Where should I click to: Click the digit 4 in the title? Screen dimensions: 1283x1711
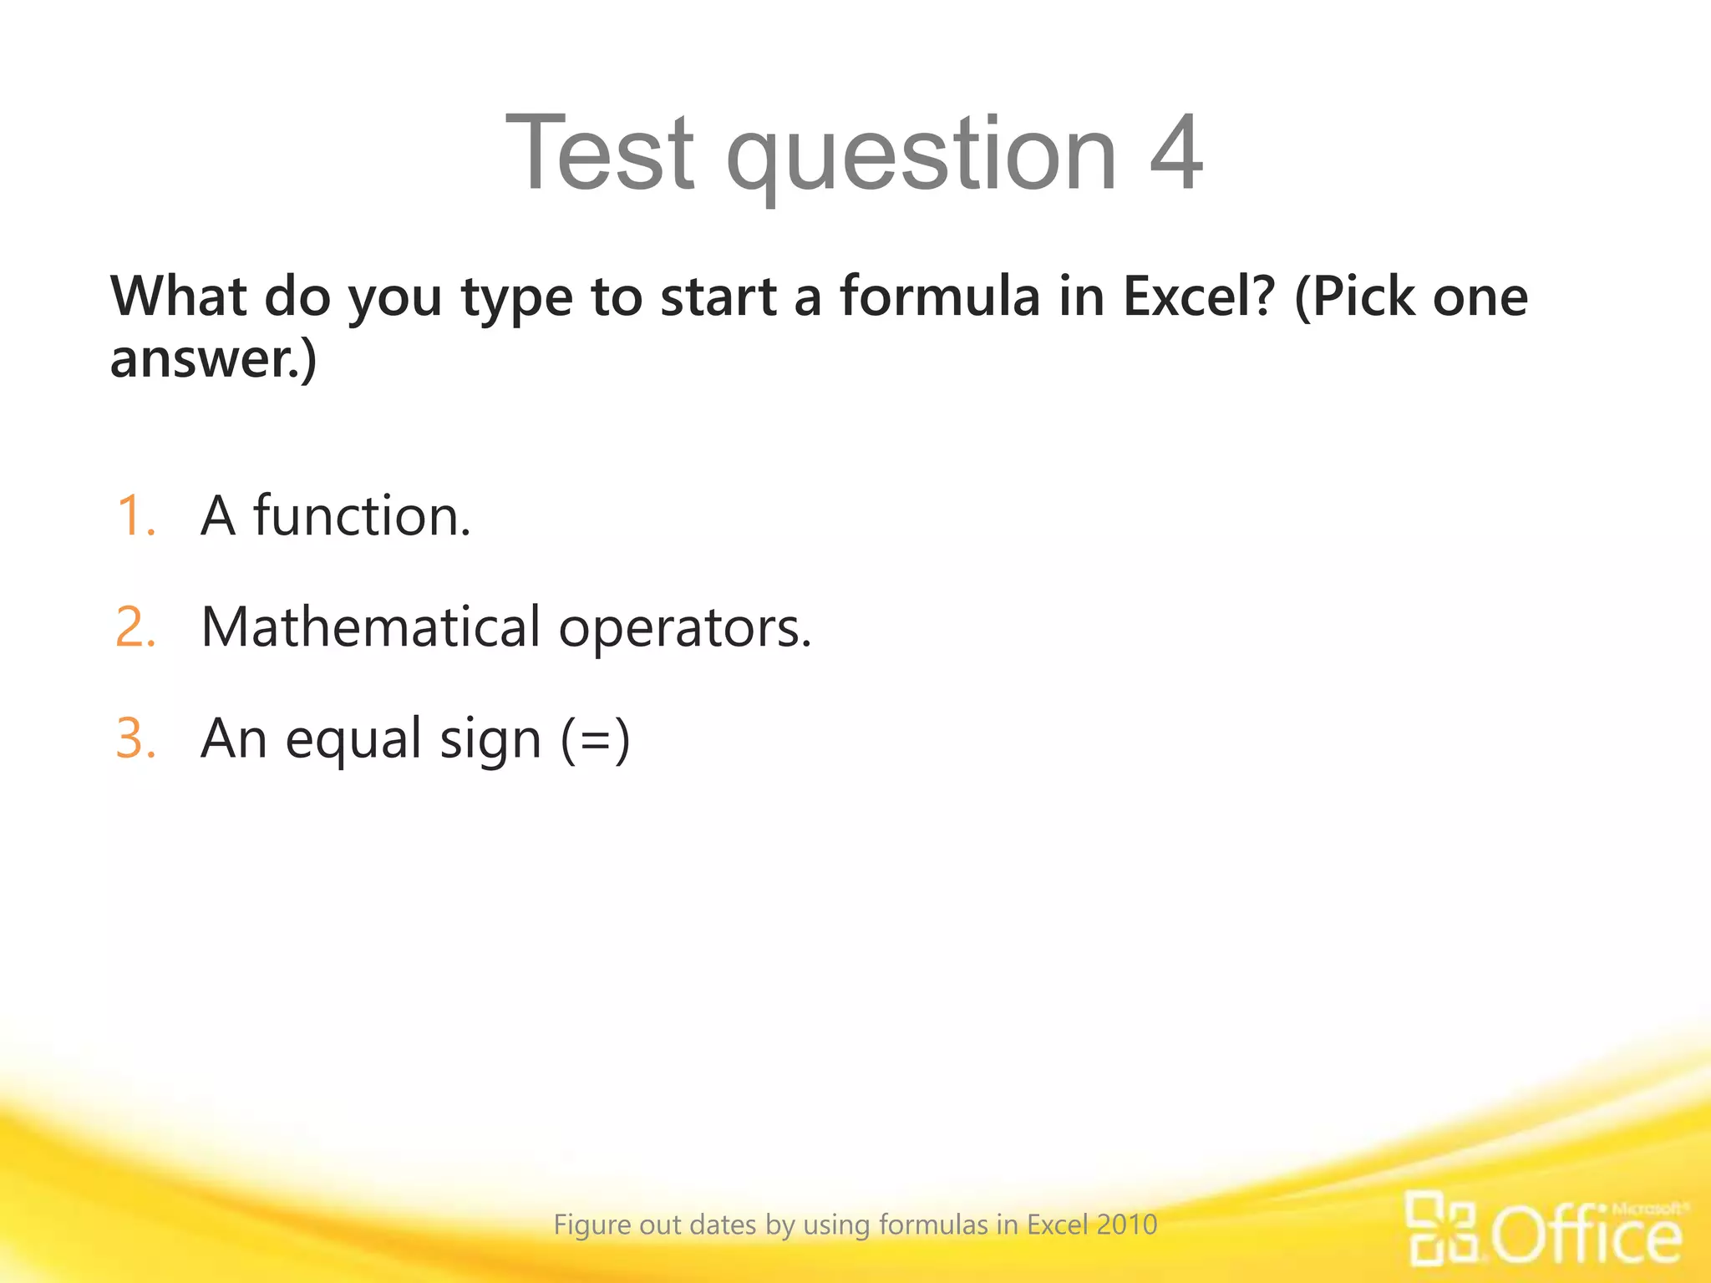click(1176, 152)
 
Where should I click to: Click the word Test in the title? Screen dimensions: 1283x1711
click(600, 152)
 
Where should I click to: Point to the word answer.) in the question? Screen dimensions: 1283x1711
click(213, 359)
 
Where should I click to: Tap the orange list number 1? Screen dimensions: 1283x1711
click(136, 515)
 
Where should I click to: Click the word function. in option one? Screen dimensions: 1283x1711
click(362, 515)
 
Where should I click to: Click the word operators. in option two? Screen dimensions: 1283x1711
click(685, 628)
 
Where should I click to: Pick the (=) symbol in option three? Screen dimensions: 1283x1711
click(595, 740)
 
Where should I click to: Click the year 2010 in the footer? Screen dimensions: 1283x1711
click(1127, 1225)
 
